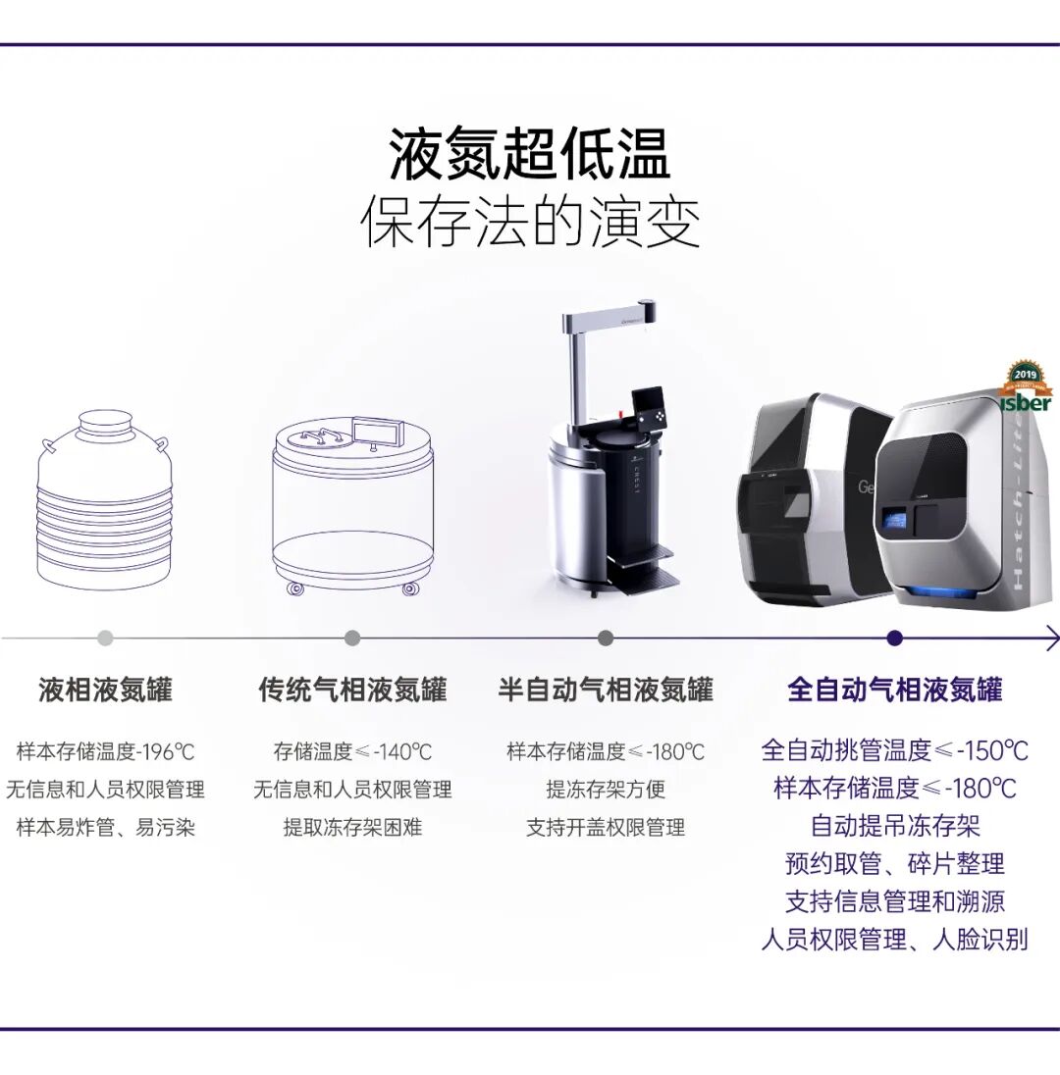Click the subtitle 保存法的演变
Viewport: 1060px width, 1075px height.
529,223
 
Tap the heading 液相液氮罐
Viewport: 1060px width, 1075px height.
105,690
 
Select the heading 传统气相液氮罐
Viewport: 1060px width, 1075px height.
352,690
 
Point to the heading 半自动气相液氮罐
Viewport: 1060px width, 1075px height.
606,690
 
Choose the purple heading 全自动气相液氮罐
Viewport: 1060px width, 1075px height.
895,690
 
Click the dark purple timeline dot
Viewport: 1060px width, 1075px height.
894,639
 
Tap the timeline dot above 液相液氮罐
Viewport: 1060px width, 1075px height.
105,639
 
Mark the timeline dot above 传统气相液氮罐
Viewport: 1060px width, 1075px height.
352,639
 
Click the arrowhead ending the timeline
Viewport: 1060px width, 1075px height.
1052,639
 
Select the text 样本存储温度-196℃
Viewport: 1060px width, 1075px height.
106,752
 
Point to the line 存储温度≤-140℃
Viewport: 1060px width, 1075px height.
352,752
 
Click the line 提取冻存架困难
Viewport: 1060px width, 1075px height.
352,828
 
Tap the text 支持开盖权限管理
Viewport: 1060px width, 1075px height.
606,828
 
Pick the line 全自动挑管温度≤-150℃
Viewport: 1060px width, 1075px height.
895,750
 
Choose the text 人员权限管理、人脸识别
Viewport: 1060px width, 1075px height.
895,940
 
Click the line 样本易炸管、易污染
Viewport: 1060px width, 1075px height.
106,828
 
